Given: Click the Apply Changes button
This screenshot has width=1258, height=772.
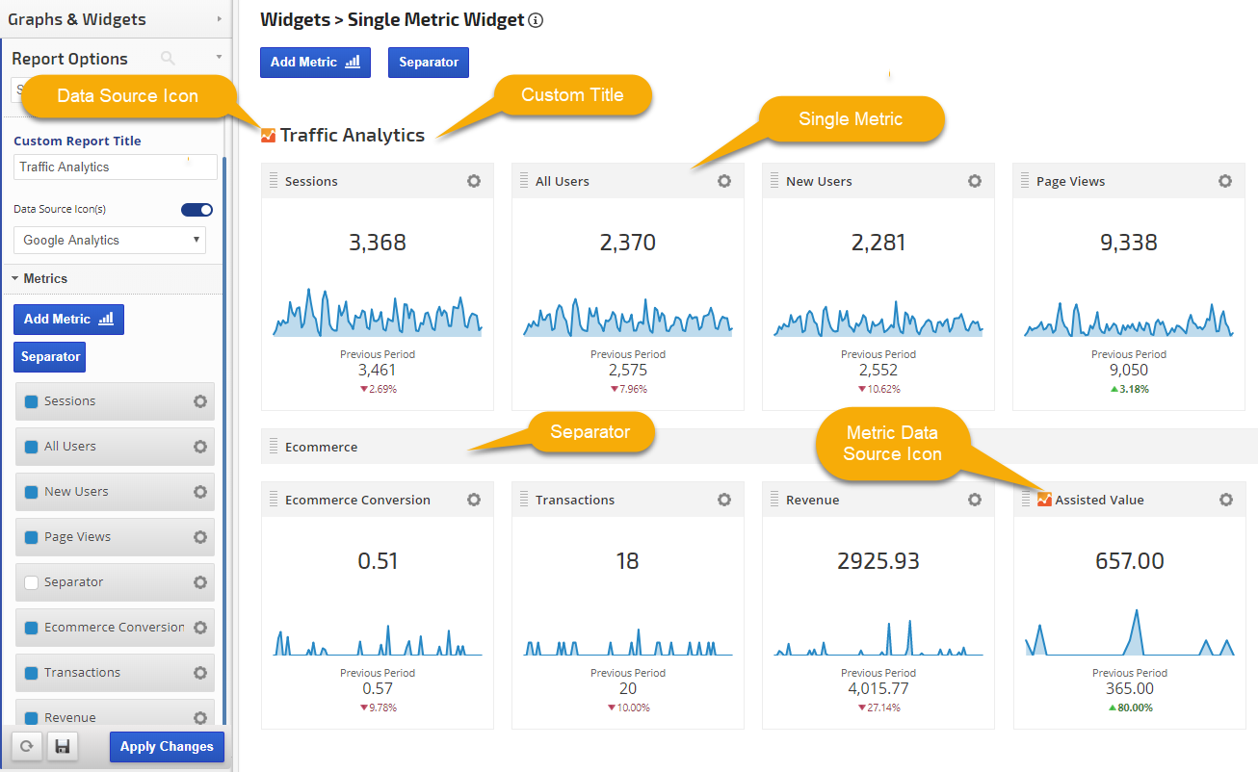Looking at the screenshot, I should coord(167,747).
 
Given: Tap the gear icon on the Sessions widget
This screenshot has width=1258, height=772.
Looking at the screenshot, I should coord(474,181).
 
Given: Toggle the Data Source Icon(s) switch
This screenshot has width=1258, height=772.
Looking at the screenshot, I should coord(197,210).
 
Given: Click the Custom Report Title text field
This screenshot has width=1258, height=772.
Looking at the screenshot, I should coord(116,167).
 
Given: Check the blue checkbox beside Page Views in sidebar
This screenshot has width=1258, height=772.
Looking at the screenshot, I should coord(32,537).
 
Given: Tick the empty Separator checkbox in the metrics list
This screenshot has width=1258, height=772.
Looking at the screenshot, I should coord(32,582).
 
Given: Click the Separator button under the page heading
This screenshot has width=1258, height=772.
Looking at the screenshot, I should coord(429,63).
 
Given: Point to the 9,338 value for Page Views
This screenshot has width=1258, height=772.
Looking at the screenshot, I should coord(1129,243).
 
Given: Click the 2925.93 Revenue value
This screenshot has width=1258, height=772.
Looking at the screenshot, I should coord(878,561).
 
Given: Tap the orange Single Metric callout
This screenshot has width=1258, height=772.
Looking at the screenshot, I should coord(851,119).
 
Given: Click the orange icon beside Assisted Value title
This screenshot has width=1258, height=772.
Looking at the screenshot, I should coord(1044,500).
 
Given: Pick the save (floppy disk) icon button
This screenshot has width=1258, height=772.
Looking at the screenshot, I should coord(63,747).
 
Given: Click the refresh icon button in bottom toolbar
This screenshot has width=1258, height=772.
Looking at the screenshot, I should coord(26,747).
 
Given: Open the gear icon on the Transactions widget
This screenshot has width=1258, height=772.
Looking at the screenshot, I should coord(724,500).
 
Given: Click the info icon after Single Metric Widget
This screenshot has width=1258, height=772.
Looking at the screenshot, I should coord(537,20).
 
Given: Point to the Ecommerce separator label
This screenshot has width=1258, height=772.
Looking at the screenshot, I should coord(322,448).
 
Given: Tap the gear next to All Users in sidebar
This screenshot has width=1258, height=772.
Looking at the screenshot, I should coord(200,447).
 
